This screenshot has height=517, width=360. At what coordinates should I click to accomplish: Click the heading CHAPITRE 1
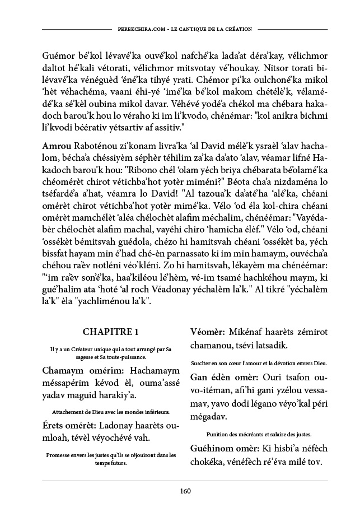110,332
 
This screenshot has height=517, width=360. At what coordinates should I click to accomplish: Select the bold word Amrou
55,145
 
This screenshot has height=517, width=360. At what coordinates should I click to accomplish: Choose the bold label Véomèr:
208,332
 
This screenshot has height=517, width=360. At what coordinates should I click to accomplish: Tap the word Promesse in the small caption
60,455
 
